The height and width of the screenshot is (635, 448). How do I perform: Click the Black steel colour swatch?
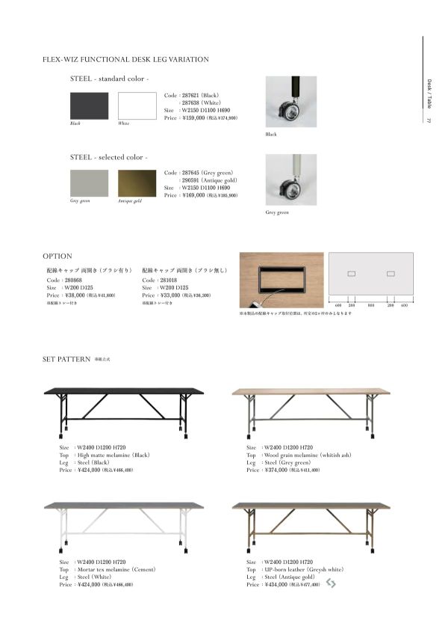point(89,105)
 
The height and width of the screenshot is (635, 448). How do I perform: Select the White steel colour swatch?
point(137,105)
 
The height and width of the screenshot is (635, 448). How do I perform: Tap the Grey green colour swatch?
point(89,183)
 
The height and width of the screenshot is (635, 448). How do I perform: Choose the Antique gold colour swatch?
point(137,183)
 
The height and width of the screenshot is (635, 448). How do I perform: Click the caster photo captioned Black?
point(290,102)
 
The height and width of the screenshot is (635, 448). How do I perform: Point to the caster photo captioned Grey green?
point(290,180)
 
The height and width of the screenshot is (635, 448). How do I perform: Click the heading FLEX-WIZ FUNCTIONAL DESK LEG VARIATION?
point(125,59)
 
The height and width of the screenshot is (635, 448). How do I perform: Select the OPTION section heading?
point(57,256)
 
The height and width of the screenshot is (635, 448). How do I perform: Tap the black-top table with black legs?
point(124,408)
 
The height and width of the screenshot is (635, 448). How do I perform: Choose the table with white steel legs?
point(124,522)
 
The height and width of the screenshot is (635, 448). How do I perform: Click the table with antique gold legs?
point(311,522)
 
